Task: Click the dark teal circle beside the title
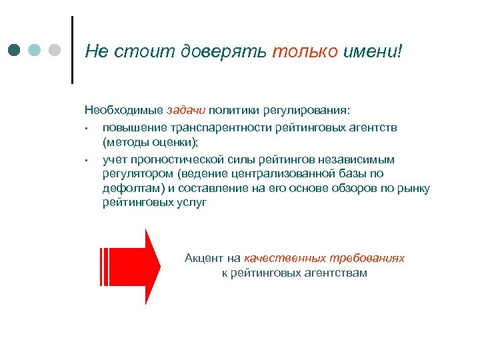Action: [15, 50]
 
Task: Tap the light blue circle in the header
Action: [35, 50]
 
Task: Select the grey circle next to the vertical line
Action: [55, 50]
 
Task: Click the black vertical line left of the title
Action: [71, 50]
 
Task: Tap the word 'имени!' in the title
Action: [373, 51]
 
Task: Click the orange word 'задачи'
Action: [187, 109]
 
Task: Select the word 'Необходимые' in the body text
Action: [123, 109]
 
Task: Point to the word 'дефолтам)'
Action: [128, 188]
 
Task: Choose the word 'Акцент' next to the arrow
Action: [203, 258]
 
